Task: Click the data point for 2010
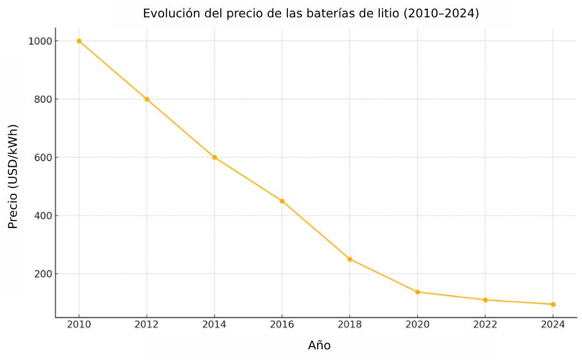tap(79, 41)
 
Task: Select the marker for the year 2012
tap(147, 99)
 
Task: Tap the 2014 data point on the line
tap(215, 157)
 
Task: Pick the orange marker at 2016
tap(282, 201)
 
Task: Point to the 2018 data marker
tap(350, 259)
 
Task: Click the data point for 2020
tap(417, 292)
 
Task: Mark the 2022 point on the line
tap(485, 300)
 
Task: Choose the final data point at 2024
tap(553, 305)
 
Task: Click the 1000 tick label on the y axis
tap(40, 41)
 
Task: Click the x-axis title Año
tap(319, 345)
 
